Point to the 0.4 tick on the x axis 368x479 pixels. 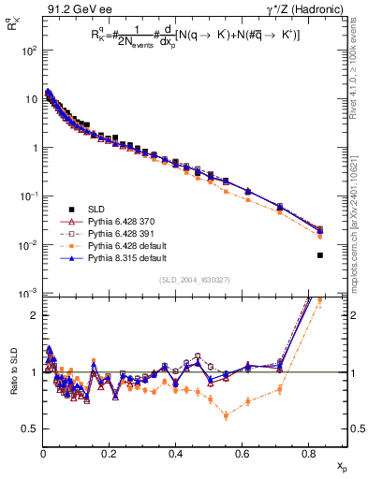click(x=176, y=453)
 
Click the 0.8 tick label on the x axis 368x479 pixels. click(x=309, y=453)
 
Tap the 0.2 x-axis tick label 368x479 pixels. click(x=110, y=453)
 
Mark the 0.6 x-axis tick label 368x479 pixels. click(x=243, y=453)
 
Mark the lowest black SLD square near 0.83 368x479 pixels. click(x=320, y=255)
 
